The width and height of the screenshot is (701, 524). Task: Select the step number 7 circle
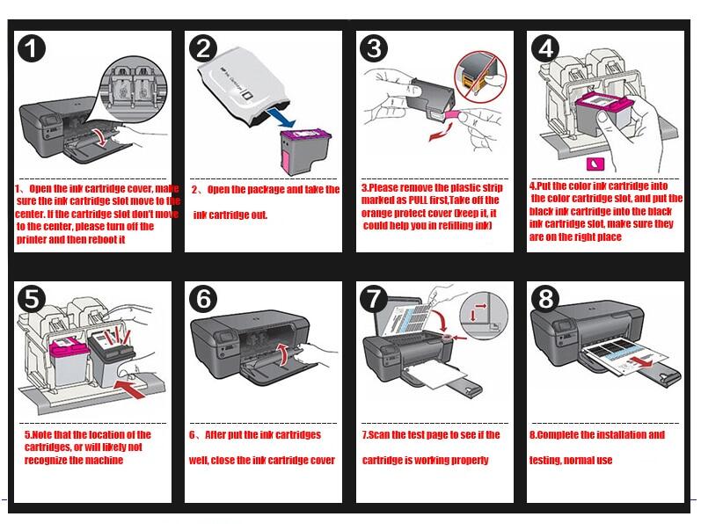376,299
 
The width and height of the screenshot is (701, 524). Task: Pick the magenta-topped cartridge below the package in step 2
297,149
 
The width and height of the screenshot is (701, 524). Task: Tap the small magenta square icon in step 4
593,164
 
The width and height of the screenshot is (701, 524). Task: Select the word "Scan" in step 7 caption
381,435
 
